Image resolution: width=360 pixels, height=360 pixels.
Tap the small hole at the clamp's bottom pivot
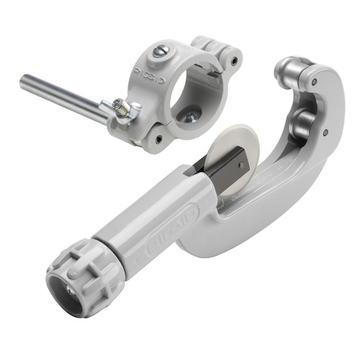pos(158,138)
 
